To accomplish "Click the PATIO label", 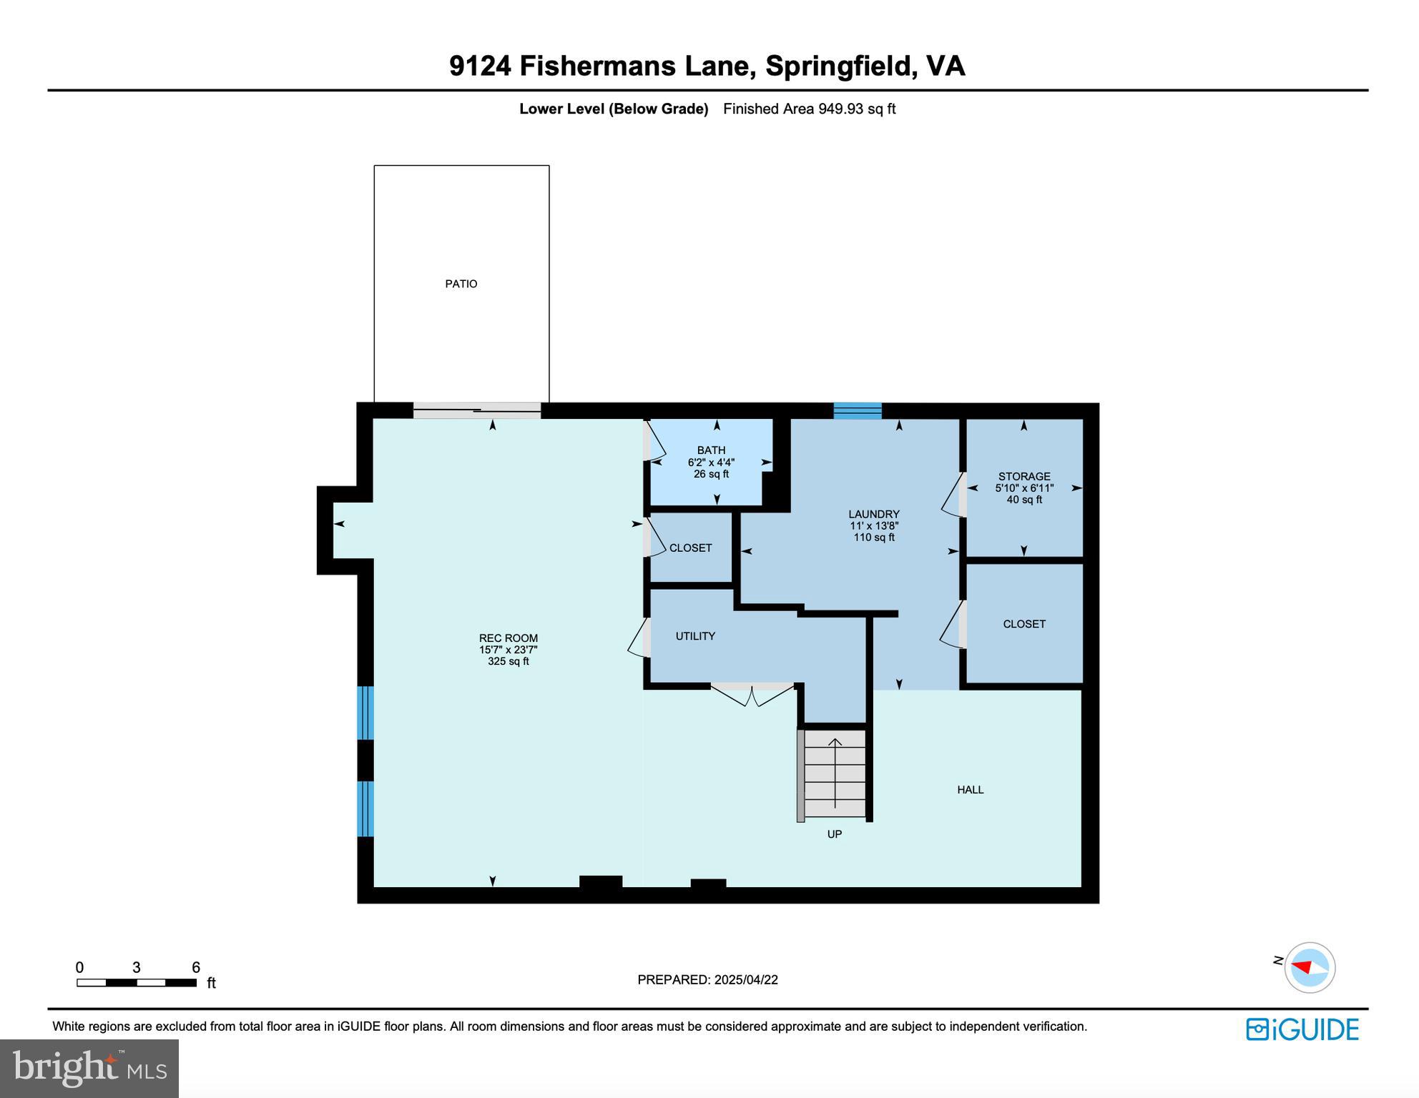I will tap(461, 284).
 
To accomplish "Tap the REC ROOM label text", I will tap(508, 639).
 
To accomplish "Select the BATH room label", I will tap(711, 450).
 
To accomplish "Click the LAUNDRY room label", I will tap(873, 514).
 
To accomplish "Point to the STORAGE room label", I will tap(1024, 476).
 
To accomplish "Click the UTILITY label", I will tap(695, 636).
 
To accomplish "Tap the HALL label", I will tap(970, 790).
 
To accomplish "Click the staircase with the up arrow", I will tap(835, 775).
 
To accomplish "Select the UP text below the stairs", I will tap(834, 834).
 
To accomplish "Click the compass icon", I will tap(1310, 967).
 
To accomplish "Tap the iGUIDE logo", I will tap(1302, 1029).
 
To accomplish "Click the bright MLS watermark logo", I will tap(89, 1068).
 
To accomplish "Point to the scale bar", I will tap(136, 983).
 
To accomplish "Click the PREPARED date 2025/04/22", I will tap(707, 980).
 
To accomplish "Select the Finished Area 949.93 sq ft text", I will tap(809, 109).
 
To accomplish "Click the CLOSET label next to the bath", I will tap(690, 548).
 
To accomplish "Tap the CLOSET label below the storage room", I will tap(1024, 624).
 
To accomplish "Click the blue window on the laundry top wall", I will tap(857, 410).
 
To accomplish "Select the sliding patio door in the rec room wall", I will tap(477, 410).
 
